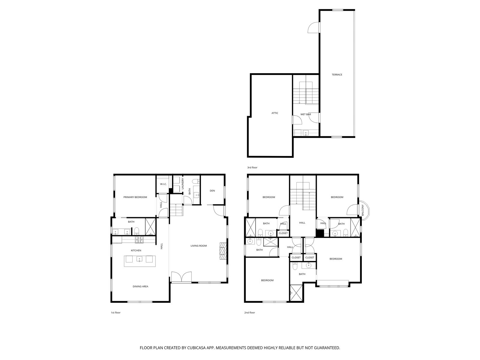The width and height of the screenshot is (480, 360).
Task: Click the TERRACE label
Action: pos(337,75)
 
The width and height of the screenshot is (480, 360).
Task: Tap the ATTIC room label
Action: pos(275,113)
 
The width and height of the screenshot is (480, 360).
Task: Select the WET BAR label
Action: pos(305,114)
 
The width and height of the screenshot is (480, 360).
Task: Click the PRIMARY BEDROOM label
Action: pos(135,197)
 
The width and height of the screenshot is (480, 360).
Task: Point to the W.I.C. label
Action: pos(163,184)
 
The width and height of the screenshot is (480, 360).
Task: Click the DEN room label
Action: pos(212,191)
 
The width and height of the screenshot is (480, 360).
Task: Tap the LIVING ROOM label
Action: pos(199,246)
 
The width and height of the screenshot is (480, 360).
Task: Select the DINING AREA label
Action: pos(140,286)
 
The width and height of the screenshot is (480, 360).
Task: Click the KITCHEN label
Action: pos(136,250)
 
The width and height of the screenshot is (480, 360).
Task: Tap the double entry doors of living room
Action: pos(181,277)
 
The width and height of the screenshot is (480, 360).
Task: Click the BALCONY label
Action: pos(363,210)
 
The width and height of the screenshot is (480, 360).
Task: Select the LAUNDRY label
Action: pos(182,184)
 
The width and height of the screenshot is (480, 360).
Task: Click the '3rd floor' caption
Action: pos(252,168)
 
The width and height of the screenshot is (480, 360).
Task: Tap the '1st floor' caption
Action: pos(115,313)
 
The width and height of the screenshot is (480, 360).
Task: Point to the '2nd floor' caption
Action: pos(250,313)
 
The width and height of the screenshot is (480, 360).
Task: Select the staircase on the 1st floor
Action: pos(176,210)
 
